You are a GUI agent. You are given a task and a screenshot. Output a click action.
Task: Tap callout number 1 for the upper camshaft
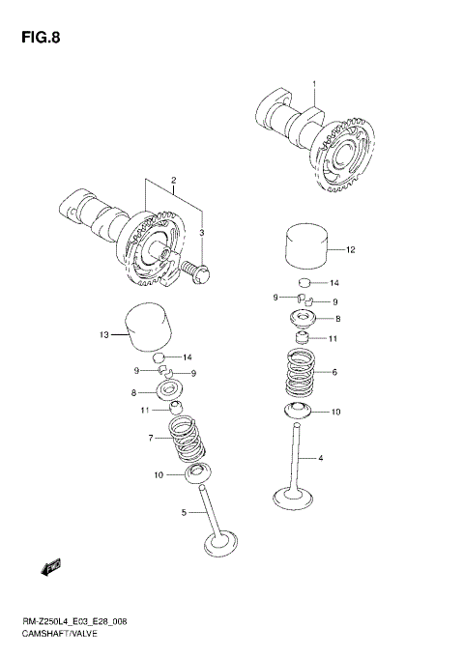coord(314,85)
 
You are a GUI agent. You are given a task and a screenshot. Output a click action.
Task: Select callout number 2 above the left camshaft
coord(173,181)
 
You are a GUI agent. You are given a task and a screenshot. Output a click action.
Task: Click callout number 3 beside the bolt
coord(202,233)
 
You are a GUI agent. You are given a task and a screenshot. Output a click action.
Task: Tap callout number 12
coord(351,250)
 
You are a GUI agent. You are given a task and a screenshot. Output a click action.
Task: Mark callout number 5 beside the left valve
coord(182,513)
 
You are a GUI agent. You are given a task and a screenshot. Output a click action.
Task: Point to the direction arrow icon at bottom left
coord(49,565)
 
